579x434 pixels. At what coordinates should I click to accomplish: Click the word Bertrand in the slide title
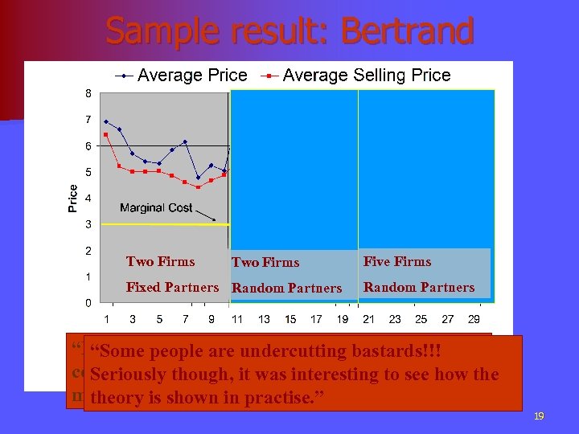coord(407,32)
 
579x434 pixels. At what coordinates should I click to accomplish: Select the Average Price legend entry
coord(192,76)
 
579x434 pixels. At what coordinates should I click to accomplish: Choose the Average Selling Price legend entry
coord(366,76)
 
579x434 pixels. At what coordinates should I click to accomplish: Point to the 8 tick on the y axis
coord(88,92)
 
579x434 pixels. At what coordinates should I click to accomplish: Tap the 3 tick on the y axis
coord(88,224)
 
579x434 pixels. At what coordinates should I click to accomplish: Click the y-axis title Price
coord(73,199)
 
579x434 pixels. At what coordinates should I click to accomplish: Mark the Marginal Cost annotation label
coord(156,207)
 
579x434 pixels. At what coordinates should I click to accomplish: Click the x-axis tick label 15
coord(290,319)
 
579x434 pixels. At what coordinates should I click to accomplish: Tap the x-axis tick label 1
coord(106,319)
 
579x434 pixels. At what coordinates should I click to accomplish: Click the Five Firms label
coord(397,261)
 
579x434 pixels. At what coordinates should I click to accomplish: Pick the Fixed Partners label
coord(172,287)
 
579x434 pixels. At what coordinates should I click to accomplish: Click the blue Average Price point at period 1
coord(106,121)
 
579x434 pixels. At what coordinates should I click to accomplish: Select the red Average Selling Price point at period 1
coord(106,134)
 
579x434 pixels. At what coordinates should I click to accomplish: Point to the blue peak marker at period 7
coord(185,141)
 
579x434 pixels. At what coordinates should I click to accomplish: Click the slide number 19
coord(539,416)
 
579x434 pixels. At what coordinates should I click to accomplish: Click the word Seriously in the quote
coord(128,375)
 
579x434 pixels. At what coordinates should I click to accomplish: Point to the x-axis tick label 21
coord(368,319)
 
